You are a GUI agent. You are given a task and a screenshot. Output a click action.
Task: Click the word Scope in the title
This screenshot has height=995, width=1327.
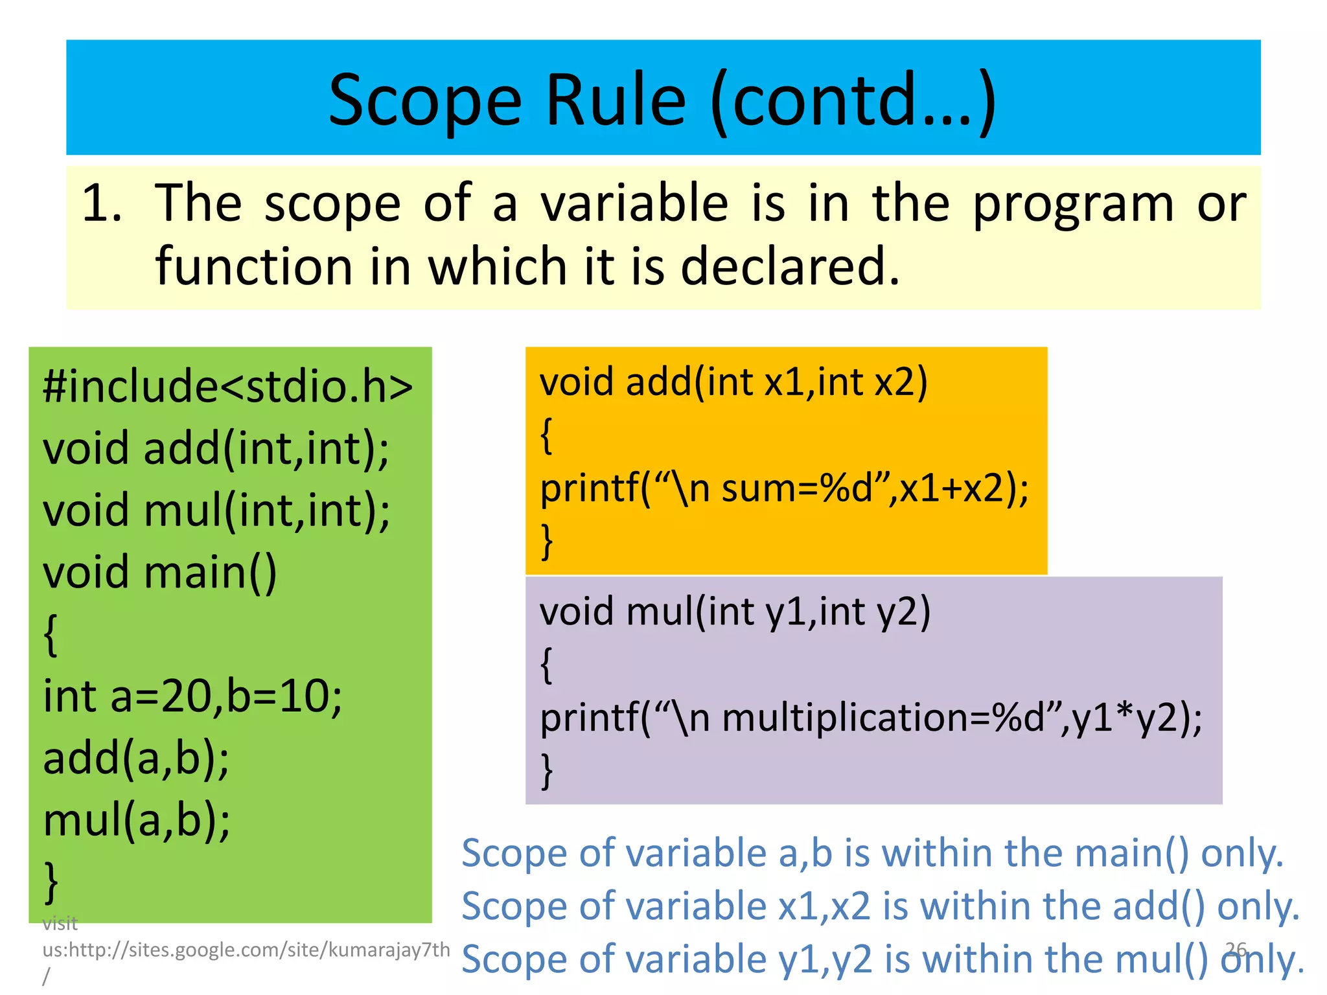424,100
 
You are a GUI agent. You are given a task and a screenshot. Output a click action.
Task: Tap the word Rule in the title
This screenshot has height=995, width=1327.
616,100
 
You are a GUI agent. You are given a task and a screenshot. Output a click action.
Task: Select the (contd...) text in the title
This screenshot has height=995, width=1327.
853,100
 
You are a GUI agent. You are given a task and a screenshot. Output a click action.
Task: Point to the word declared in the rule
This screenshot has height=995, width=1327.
790,266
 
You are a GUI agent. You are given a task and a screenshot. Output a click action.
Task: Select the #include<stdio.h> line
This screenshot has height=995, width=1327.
227,386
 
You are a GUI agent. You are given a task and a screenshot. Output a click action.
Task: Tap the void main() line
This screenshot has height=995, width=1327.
160,573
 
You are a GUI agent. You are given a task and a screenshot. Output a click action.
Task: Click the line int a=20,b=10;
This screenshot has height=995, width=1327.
192,697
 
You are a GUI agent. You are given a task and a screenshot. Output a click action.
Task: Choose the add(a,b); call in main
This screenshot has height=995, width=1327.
136,759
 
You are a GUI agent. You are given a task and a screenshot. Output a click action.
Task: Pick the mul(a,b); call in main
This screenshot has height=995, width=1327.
136,820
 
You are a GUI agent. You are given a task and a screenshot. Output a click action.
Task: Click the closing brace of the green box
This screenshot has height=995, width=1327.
51,881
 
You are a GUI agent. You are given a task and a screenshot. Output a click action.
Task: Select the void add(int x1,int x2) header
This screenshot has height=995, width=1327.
733,382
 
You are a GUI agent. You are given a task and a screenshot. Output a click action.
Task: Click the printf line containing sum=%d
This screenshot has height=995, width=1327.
784,488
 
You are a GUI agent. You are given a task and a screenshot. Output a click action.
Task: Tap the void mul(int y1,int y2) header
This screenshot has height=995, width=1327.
735,612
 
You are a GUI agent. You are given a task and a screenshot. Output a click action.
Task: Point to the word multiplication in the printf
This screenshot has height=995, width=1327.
855,718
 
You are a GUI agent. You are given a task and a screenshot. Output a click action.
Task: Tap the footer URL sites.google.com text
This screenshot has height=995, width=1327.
246,950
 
